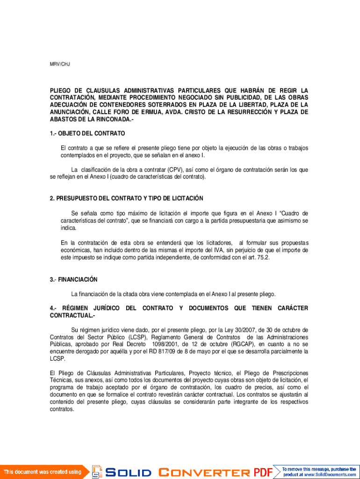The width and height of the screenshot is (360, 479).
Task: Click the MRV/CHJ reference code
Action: tap(60, 64)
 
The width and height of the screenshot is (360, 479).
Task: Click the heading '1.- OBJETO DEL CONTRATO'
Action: tap(87, 133)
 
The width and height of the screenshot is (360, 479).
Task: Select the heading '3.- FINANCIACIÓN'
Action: tap(74, 280)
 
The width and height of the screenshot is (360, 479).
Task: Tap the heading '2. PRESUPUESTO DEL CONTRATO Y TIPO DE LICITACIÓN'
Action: tap(127, 199)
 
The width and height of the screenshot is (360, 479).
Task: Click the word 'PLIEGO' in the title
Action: tap(60, 90)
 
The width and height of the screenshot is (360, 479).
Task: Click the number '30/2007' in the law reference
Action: tap(239, 330)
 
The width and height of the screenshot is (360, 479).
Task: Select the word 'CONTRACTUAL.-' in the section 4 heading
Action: tap(69, 316)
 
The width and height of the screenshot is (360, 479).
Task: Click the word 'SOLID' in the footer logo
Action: tap(129, 472)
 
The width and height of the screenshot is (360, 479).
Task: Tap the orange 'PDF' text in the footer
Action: tap(263, 472)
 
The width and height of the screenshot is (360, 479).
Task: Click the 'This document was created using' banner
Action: tap(43, 472)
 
